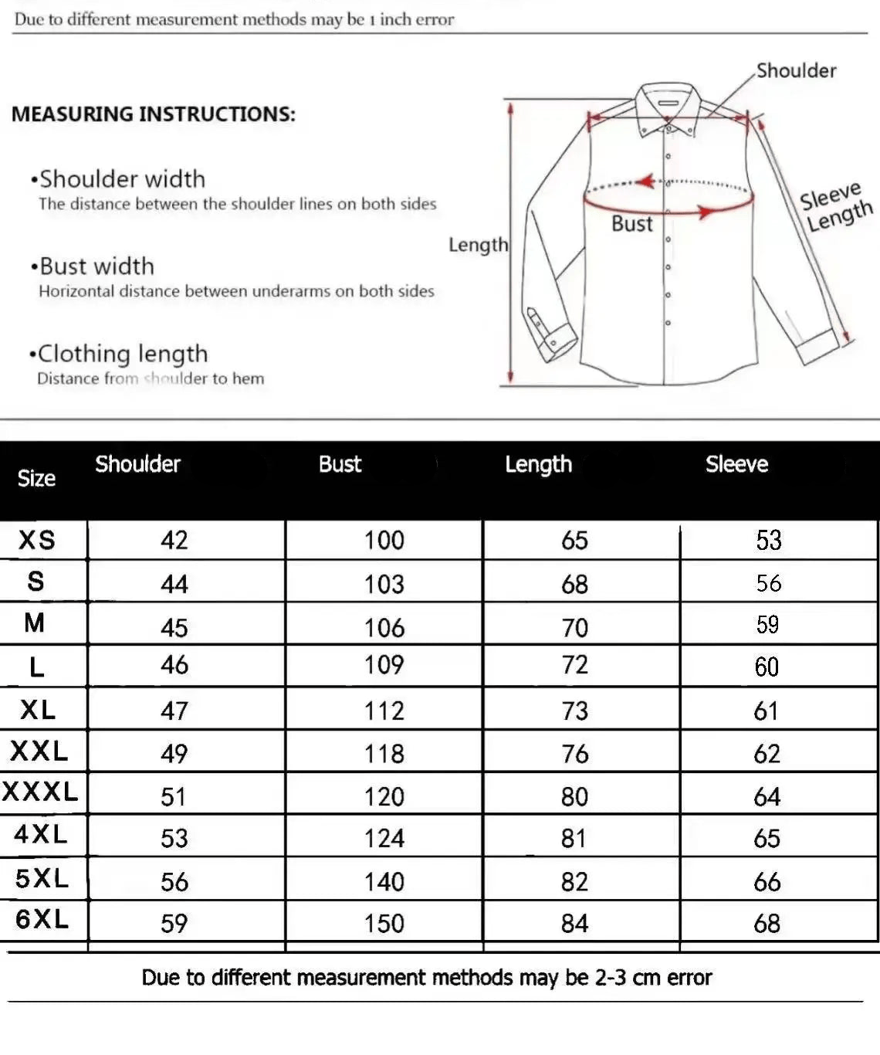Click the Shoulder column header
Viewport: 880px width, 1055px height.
click(137, 464)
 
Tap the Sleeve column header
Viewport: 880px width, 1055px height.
click(736, 464)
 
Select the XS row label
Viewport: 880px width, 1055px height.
click(37, 540)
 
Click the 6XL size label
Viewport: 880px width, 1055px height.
click(42, 919)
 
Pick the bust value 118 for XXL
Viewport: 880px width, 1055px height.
click(384, 754)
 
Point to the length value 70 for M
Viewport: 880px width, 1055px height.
click(575, 628)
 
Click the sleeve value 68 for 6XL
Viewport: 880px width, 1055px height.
click(767, 923)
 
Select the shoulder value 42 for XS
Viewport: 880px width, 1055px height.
click(174, 540)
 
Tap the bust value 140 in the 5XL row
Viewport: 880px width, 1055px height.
click(384, 881)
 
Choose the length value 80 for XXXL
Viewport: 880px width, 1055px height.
click(575, 796)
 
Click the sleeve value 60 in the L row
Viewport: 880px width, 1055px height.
click(767, 667)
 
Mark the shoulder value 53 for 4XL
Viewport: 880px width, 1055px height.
click(174, 838)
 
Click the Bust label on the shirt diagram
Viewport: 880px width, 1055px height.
click(632, 224)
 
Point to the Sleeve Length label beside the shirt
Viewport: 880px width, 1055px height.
click(835, 207)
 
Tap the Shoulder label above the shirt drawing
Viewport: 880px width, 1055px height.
click(796, 71)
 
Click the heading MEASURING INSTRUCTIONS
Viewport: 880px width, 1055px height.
click(153, 114)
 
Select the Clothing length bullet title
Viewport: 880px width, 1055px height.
click(122, 354)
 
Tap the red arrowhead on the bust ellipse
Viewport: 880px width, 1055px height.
click(705, 212)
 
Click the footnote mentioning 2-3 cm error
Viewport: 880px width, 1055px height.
click(426, 978)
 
